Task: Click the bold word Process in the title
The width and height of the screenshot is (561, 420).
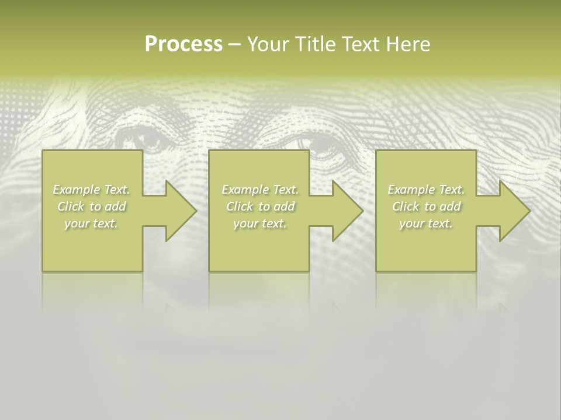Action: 183,44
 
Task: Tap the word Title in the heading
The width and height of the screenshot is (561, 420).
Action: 314,44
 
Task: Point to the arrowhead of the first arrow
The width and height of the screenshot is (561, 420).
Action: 181,211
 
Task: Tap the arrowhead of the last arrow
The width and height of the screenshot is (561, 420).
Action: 514,211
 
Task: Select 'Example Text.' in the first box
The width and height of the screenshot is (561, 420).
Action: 92,190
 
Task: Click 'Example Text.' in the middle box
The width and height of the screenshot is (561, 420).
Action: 260,190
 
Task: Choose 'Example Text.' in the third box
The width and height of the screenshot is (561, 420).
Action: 426,190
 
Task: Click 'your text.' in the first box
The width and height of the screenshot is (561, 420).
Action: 92,223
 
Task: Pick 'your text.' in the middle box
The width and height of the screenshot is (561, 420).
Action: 260,223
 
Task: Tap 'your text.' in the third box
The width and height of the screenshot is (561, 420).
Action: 426,223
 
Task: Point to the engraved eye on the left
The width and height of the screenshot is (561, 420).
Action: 143,140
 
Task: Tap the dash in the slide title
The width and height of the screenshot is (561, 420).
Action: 234,45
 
